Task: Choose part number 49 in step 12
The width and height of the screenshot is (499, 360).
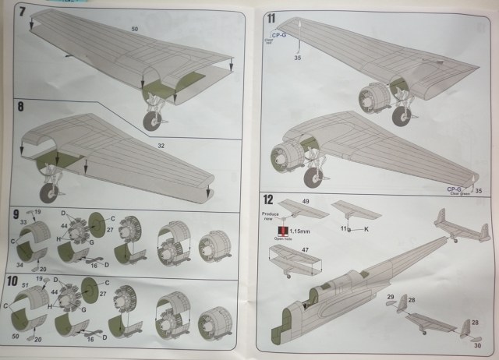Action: click(306, 201)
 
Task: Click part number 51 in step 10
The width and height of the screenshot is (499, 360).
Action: click(26, 287)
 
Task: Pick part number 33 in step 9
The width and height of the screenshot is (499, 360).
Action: click(23, 222)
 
